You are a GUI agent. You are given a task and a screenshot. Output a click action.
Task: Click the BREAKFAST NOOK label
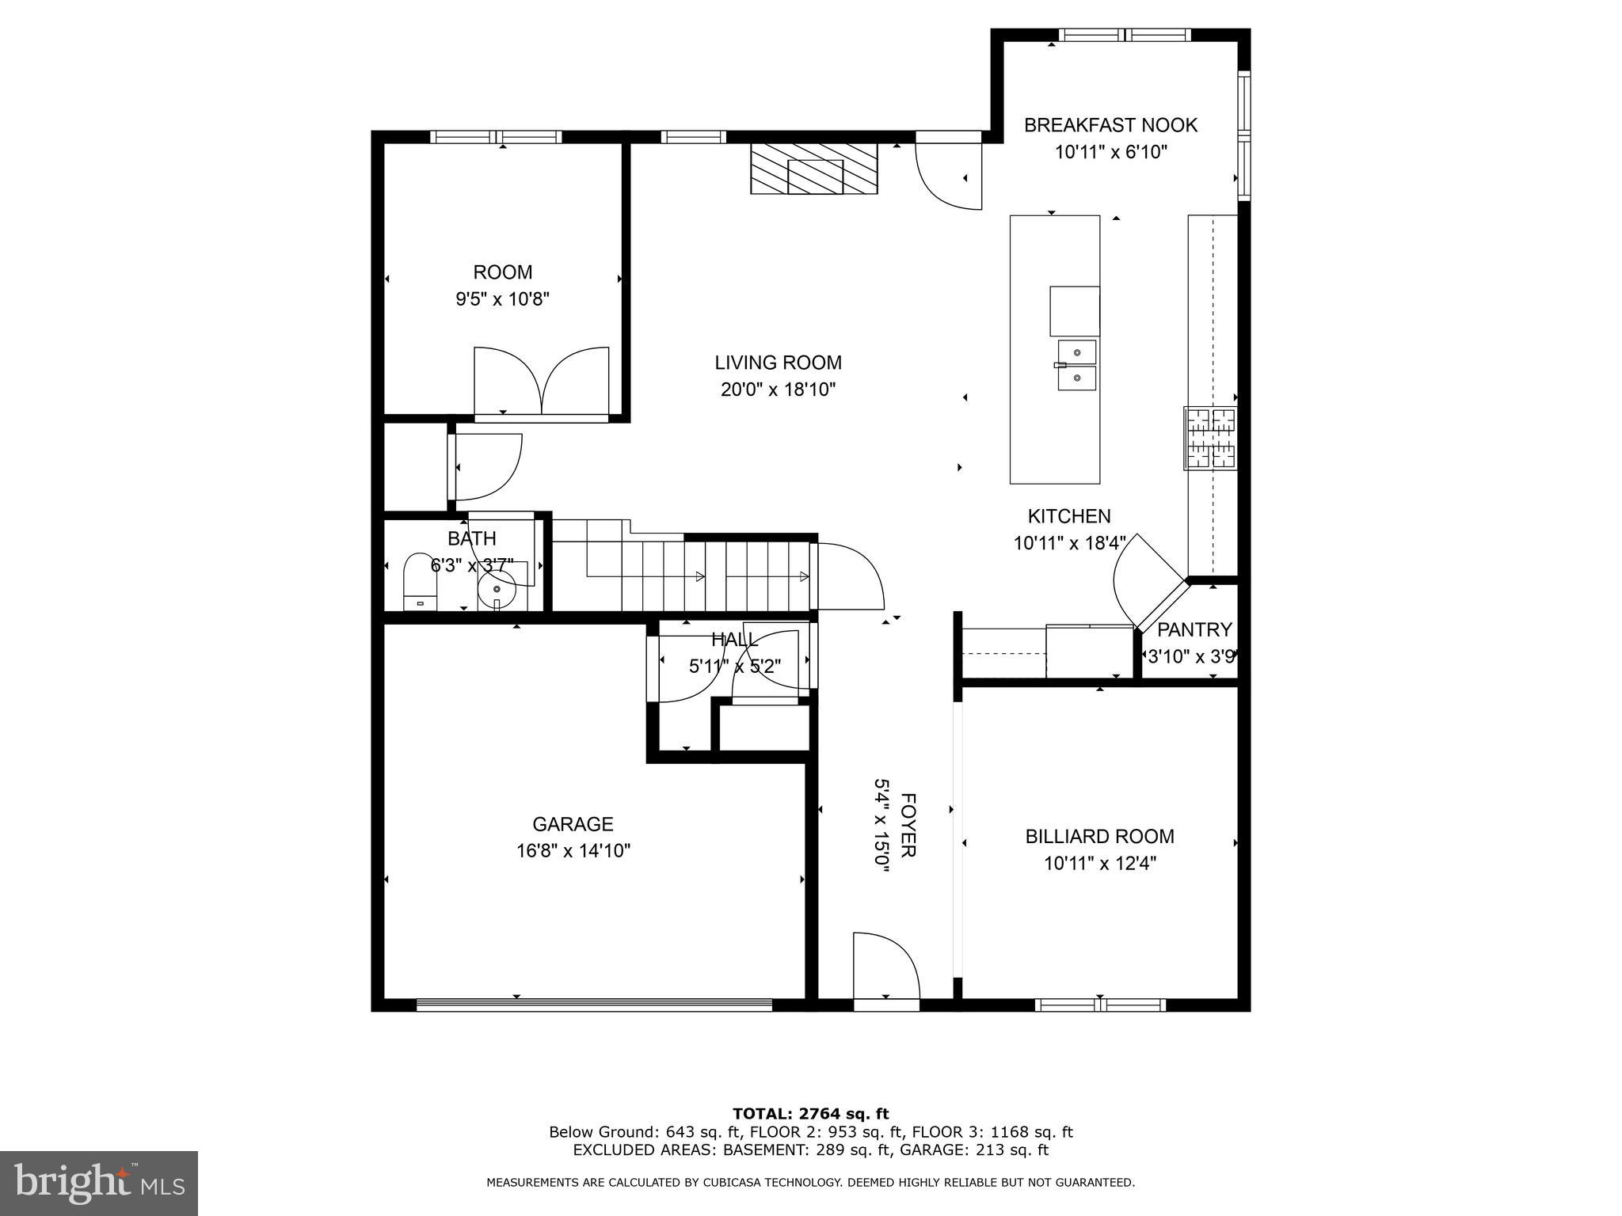(1110, 125)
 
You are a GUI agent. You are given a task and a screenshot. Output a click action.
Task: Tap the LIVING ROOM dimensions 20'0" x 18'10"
(778, 389)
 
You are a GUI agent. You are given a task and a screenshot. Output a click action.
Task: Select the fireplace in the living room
(814, 168)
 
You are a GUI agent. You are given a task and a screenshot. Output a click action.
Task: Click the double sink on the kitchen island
(1077, 365)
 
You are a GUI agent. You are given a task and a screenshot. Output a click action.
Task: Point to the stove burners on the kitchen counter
(1210, 438)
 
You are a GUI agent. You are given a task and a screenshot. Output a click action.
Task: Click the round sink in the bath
(497, 589)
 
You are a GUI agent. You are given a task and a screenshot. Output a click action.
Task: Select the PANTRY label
(1194, 629)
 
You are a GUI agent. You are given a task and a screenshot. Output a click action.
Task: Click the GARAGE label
(573, 824)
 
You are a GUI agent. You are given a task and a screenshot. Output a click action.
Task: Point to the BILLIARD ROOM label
(1099, 836)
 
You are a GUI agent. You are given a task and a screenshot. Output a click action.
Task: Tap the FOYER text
(908, 824)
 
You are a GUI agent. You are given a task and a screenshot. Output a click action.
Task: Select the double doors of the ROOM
(542, 382)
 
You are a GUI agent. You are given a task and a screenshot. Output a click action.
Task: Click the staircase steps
(697, 576)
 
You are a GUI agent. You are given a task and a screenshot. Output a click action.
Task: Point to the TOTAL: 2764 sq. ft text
(810, 1114)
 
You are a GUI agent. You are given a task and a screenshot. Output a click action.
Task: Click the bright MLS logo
(99, 1184)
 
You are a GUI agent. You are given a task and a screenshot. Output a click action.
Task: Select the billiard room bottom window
(1100, 1005)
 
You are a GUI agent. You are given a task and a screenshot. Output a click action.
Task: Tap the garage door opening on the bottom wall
(594, 1005)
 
